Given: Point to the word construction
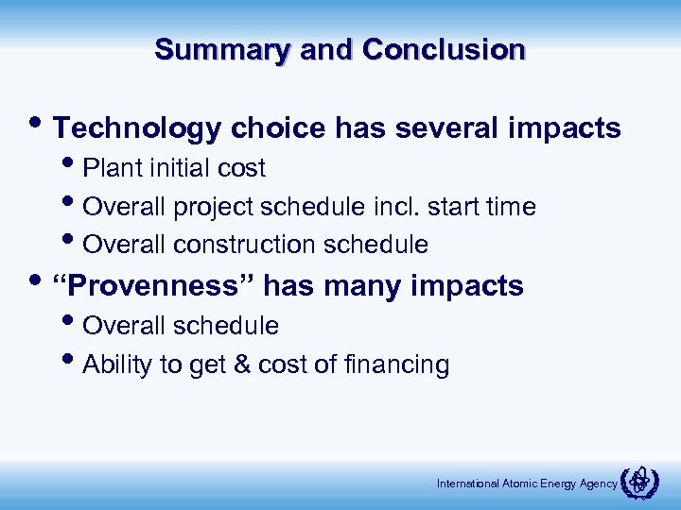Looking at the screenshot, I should click(x=246, y=246).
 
